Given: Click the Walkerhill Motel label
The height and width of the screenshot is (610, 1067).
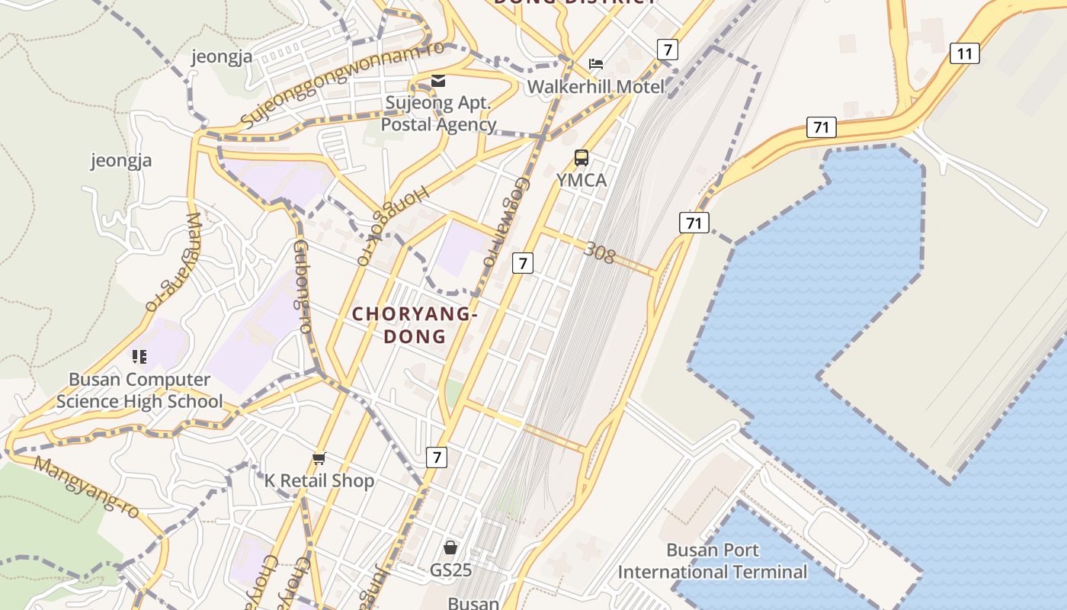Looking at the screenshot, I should (595, 86).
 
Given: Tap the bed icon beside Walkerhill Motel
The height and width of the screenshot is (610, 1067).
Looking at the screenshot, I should (596, 64).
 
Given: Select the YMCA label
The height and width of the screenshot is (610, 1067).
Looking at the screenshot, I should (582, 180).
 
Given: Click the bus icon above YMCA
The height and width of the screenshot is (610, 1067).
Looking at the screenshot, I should (582, 158).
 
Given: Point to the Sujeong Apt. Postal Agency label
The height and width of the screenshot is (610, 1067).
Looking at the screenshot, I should (438, 113).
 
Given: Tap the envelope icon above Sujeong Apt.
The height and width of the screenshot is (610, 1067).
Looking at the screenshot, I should (438, 81).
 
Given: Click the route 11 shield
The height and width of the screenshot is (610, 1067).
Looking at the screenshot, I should (964, 53).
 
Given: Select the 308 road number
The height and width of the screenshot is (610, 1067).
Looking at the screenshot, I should (599, 252).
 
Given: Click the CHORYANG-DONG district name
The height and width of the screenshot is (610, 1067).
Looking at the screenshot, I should (415, 325).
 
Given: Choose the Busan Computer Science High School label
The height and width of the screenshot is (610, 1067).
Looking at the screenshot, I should (139, 390).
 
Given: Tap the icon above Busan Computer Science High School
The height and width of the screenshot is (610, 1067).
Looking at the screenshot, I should (139, 356).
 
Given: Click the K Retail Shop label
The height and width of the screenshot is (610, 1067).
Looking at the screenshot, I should (319, 480).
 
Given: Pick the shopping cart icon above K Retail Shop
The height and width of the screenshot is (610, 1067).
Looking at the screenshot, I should (319, 458).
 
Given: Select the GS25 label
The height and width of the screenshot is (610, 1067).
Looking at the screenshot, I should (450, 570).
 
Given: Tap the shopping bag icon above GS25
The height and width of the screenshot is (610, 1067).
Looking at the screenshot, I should (450, 547).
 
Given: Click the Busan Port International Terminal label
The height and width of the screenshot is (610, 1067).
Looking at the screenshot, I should (712, 561).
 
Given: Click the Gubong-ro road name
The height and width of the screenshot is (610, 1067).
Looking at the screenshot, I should (303, 286).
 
